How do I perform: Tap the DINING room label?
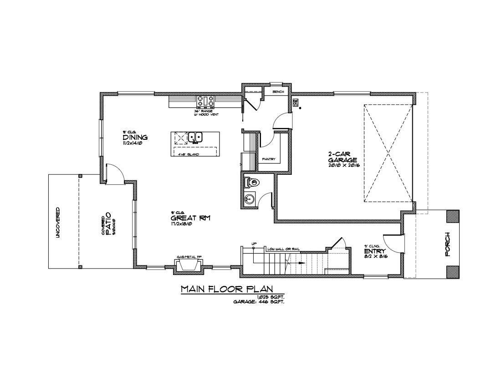135,137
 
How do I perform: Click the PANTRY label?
269,159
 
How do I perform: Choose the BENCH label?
278,92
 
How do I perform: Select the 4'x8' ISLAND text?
189,154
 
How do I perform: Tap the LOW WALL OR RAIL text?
283,249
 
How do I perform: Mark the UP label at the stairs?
254,244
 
